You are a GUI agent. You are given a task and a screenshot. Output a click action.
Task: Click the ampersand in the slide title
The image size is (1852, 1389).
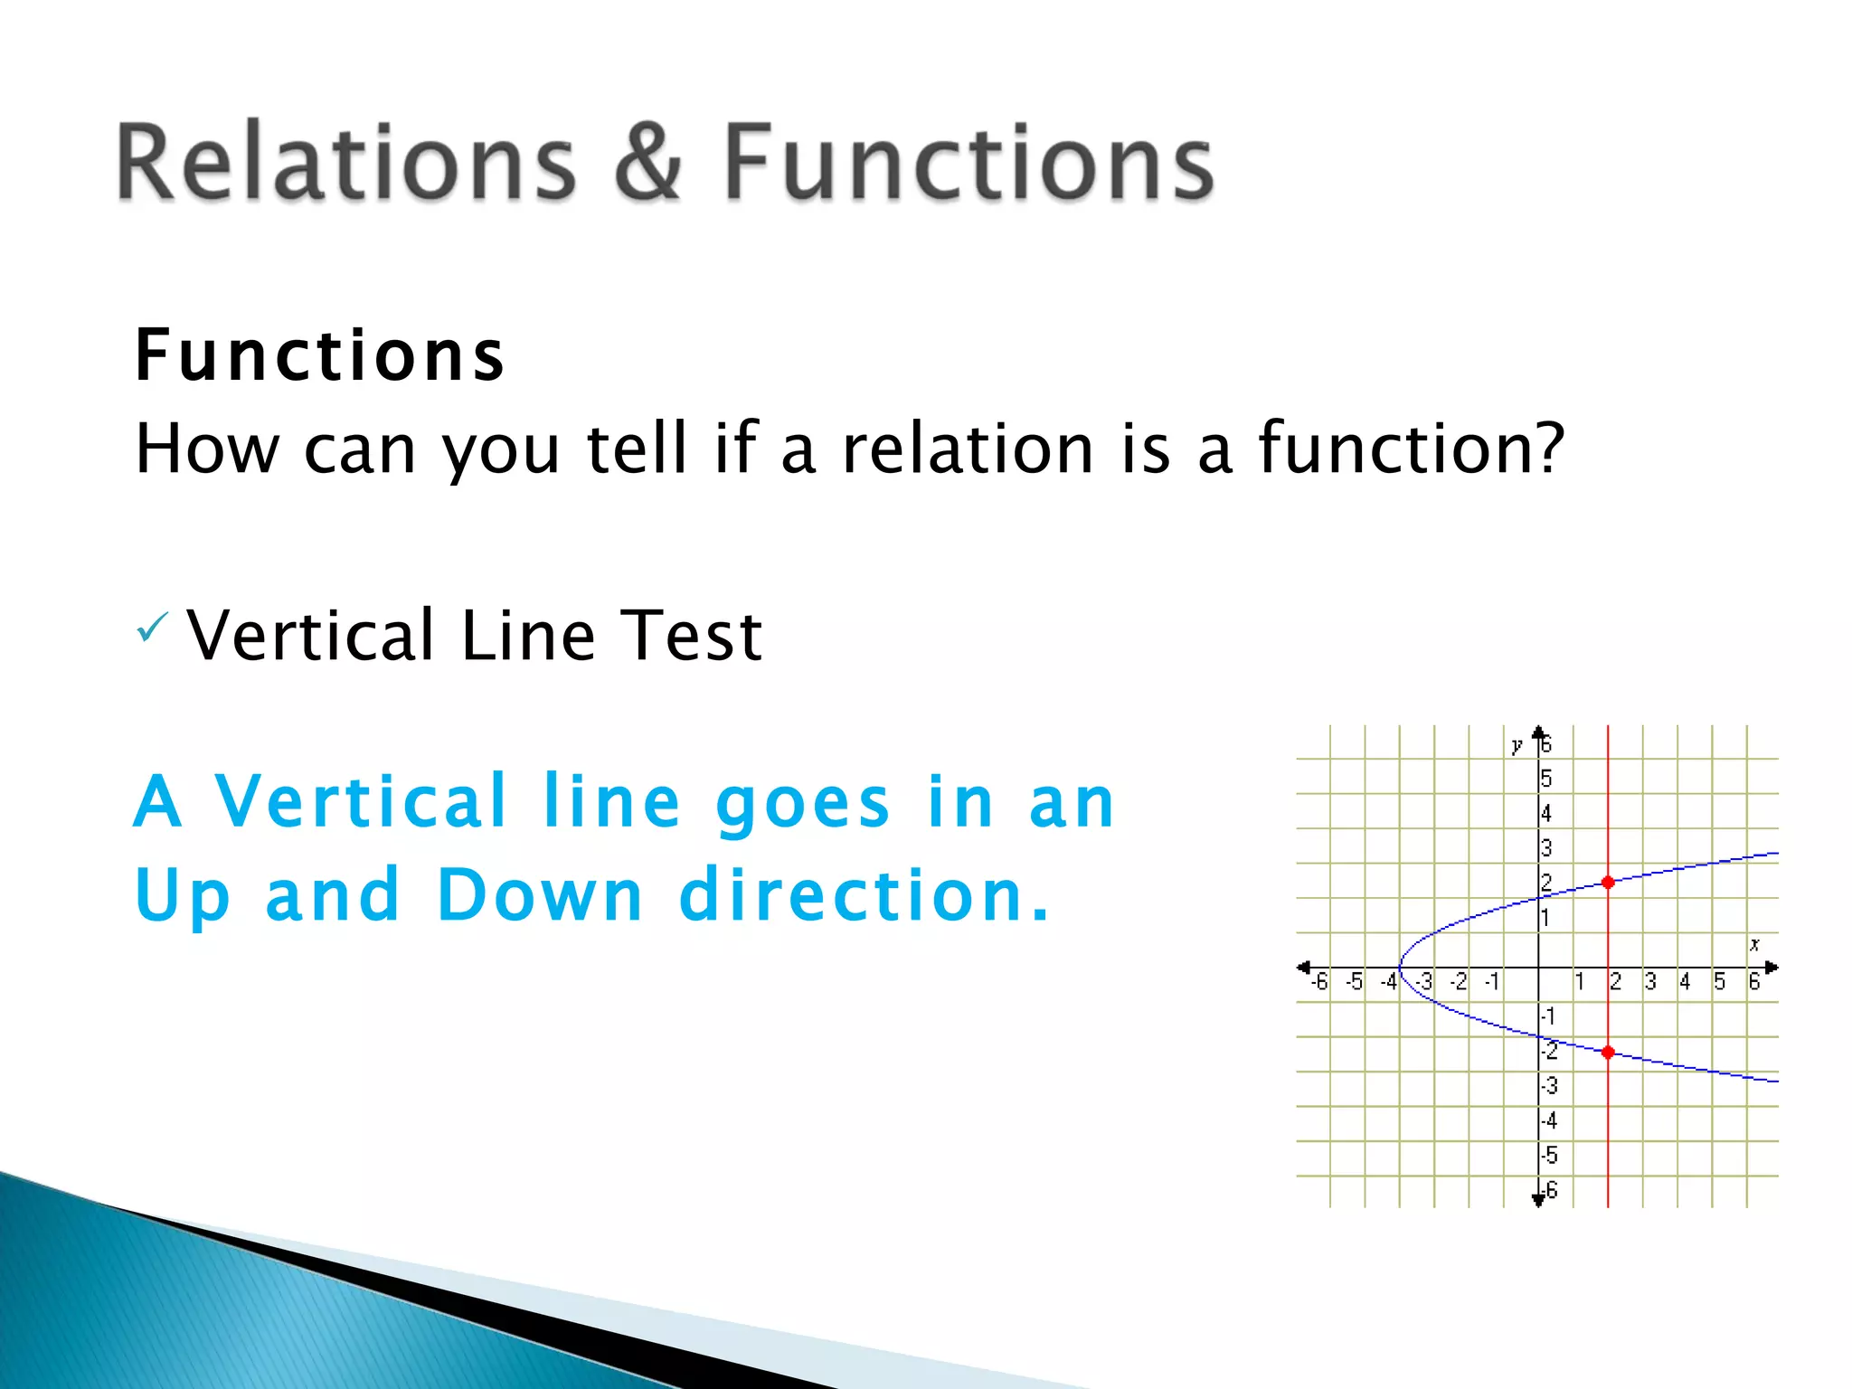pyautogui.click(x=647, y=163)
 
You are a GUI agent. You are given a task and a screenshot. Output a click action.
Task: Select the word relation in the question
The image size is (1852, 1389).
pyautogui.click(x=968, y=449)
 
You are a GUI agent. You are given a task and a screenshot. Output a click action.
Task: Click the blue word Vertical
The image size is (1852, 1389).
pyautogui.click(x=361, y=801)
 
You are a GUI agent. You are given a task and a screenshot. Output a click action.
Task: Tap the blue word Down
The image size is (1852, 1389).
pyautogui.click(x=540, y=895)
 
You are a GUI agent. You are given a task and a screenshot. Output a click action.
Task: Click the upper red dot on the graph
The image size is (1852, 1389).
pyautogui.click(x=1608, y=882)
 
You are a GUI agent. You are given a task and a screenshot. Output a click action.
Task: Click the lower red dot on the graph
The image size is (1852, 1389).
pyautogui.click(x=1608, y=1052)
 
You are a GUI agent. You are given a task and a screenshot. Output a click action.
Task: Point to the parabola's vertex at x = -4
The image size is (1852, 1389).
pyautogui.click(x=1401, y=968)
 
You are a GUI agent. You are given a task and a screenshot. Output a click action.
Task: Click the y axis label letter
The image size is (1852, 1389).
pyautogui.click(x=1517, y=746)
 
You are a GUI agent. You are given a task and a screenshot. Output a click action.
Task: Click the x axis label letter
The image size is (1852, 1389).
pyautogui.click(x=1754, y=944)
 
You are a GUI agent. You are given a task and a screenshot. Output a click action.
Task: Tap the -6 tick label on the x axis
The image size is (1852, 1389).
pyautogui.click(x=1319, y=982)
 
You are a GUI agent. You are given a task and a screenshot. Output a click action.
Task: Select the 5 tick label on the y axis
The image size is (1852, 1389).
pyautogui.click(x=1546, y=779)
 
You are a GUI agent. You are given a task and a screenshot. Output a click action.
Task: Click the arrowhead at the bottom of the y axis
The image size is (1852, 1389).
pyautogui.click(x=1538, y=1200)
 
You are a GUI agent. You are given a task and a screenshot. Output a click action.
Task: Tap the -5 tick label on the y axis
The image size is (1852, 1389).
pyautogui.click(x=1549, y=1156)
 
